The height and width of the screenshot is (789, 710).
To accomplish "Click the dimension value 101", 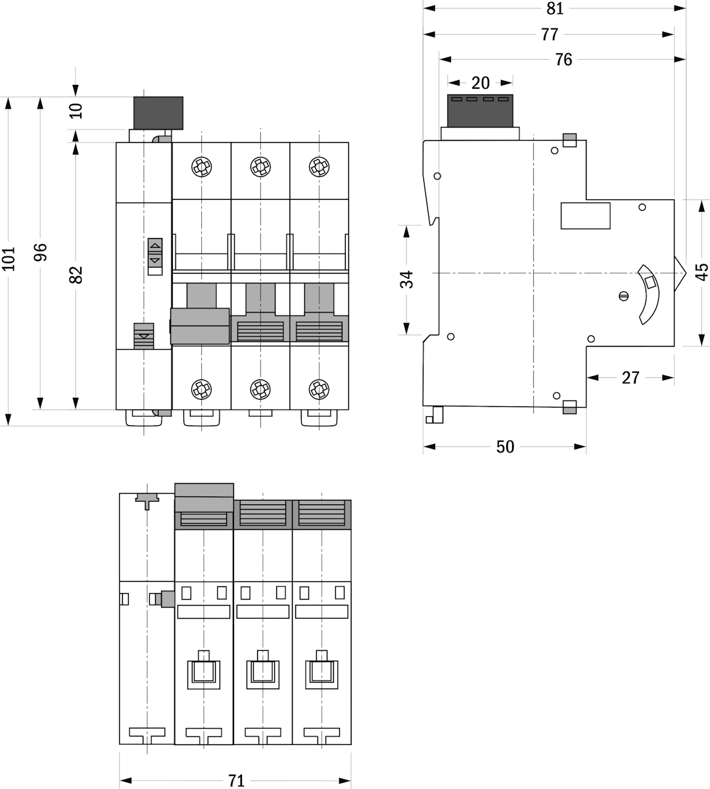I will [9, 259].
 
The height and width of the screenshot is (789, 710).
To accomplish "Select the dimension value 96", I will [41, 252].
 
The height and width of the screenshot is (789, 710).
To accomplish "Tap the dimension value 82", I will [77, 274].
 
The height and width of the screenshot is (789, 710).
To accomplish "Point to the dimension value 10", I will [77, 110].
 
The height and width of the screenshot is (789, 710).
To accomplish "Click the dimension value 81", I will [555, 9].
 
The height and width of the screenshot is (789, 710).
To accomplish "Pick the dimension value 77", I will [550, 34].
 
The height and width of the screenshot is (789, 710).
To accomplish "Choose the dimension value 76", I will [563, 60].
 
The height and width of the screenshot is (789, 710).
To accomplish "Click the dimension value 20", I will [481, 83].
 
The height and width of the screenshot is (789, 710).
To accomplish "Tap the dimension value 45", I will [701, 271].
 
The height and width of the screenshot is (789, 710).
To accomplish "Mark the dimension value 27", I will [630, 377].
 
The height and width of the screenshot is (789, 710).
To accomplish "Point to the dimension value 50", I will [505, 447].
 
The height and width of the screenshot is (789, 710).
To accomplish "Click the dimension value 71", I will [236, 780].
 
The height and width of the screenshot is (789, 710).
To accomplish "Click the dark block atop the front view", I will [158, 112].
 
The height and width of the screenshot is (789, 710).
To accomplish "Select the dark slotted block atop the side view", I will [480, 110].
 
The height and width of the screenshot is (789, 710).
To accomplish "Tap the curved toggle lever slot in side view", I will [649, 295].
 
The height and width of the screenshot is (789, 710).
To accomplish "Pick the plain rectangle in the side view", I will [585, 216].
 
